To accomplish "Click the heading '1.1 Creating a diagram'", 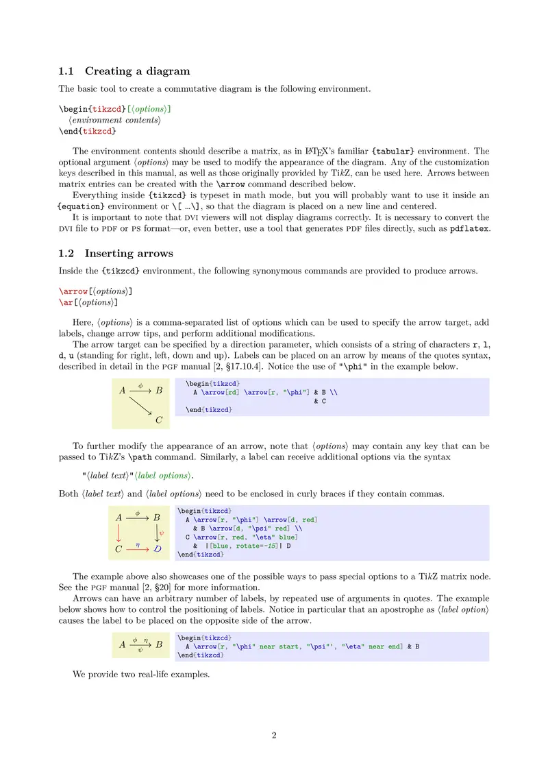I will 124,71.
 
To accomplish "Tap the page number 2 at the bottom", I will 274,736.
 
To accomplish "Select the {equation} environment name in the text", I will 82,206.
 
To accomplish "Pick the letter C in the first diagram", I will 159,420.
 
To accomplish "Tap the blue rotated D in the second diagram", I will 158,549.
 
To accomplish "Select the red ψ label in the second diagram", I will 162,532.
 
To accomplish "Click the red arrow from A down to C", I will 119,533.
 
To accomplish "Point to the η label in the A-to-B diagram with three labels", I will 146,639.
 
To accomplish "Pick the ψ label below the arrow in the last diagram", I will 140,650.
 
